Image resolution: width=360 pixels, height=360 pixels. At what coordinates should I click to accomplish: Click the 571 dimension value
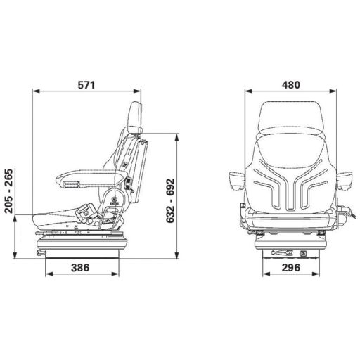coord(88,84)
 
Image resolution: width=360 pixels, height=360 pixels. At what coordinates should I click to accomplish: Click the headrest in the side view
coord(136,117)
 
